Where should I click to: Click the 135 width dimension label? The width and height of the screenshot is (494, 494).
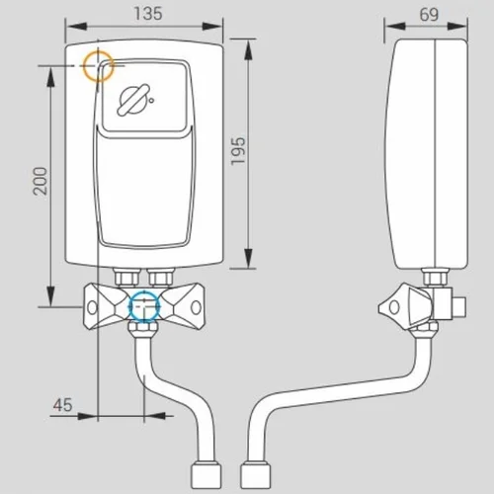[148, 14]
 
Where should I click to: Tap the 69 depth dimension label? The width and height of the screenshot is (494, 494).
[429, 14]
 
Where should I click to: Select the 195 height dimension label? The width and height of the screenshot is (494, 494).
[238, 151]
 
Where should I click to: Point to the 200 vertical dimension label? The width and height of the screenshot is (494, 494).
[41, 181]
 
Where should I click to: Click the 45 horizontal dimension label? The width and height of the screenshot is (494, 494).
[62, 405]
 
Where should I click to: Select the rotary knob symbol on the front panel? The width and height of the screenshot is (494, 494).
[133, 100]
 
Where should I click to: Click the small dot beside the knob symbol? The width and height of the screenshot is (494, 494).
[151, 100]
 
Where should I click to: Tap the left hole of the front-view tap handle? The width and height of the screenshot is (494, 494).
[92, 307]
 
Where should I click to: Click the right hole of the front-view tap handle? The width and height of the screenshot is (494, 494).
[196, 307]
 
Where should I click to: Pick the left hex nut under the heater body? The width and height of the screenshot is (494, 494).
[126, 277]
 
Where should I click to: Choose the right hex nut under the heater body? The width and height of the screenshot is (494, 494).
[161, 277]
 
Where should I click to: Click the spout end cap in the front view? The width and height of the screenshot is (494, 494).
[206, 476]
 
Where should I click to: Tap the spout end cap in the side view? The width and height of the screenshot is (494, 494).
[256, 476]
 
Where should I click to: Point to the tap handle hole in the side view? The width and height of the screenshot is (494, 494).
[394, 307]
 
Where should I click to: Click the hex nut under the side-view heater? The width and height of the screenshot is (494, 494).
[436, 277]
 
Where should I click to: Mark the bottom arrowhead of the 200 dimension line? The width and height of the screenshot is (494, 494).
[50, 295]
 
